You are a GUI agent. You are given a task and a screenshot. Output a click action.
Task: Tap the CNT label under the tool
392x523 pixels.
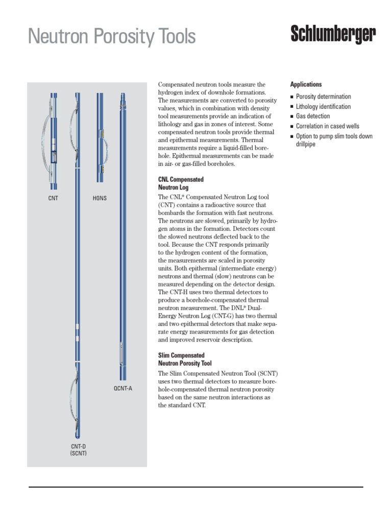[53, 198]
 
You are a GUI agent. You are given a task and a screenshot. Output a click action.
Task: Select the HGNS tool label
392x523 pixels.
[100, 198]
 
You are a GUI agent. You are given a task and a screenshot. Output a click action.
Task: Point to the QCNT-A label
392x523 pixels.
[122, 389]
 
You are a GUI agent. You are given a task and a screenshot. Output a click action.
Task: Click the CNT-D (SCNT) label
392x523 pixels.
[79, 449]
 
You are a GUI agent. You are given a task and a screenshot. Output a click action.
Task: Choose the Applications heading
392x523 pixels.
[306, 84]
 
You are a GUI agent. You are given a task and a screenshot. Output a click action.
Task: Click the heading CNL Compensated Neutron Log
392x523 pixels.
[181, 183]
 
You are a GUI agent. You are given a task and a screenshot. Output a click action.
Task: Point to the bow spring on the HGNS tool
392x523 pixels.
[109, 151]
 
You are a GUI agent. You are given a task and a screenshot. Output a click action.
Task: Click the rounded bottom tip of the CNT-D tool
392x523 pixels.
[77, 437]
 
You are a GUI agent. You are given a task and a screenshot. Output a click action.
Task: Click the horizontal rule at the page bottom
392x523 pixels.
[195, 487]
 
